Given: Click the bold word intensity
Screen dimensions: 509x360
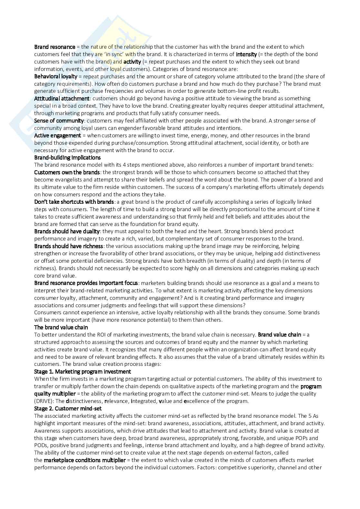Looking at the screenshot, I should pyautogui.click(x=246, y=54).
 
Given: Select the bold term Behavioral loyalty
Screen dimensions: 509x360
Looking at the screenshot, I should pyautogui.click(x=55, y=76).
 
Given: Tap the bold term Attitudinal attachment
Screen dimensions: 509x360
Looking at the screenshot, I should pyautogui.click(x=62, y=98).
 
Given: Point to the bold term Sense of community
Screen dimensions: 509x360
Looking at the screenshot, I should pyautogui.click(x=59, y=121).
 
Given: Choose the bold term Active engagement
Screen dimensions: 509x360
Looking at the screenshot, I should pyautogui.click(x=57, y=135).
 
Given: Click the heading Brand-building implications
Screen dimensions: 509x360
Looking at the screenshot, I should pyautogui.click(x=67, y=158).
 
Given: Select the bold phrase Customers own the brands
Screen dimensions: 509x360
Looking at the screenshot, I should pyautogui.click(x=67, y=172).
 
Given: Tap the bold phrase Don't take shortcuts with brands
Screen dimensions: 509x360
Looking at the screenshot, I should pyautogui.click(x=74, y=202).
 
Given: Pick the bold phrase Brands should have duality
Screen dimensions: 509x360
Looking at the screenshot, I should pyautogui.click(x=67, y=231).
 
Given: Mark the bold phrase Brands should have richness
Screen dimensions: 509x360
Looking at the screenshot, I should pyautogui.click(x=68, y=246).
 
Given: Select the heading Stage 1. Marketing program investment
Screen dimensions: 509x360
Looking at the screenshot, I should pyautogui.click(x=83, y=372).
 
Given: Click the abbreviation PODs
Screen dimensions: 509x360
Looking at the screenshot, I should pyautogui.click(x=41, y=445).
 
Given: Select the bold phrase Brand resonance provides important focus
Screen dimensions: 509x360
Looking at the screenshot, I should pyautogui.click(x=86, y=283).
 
